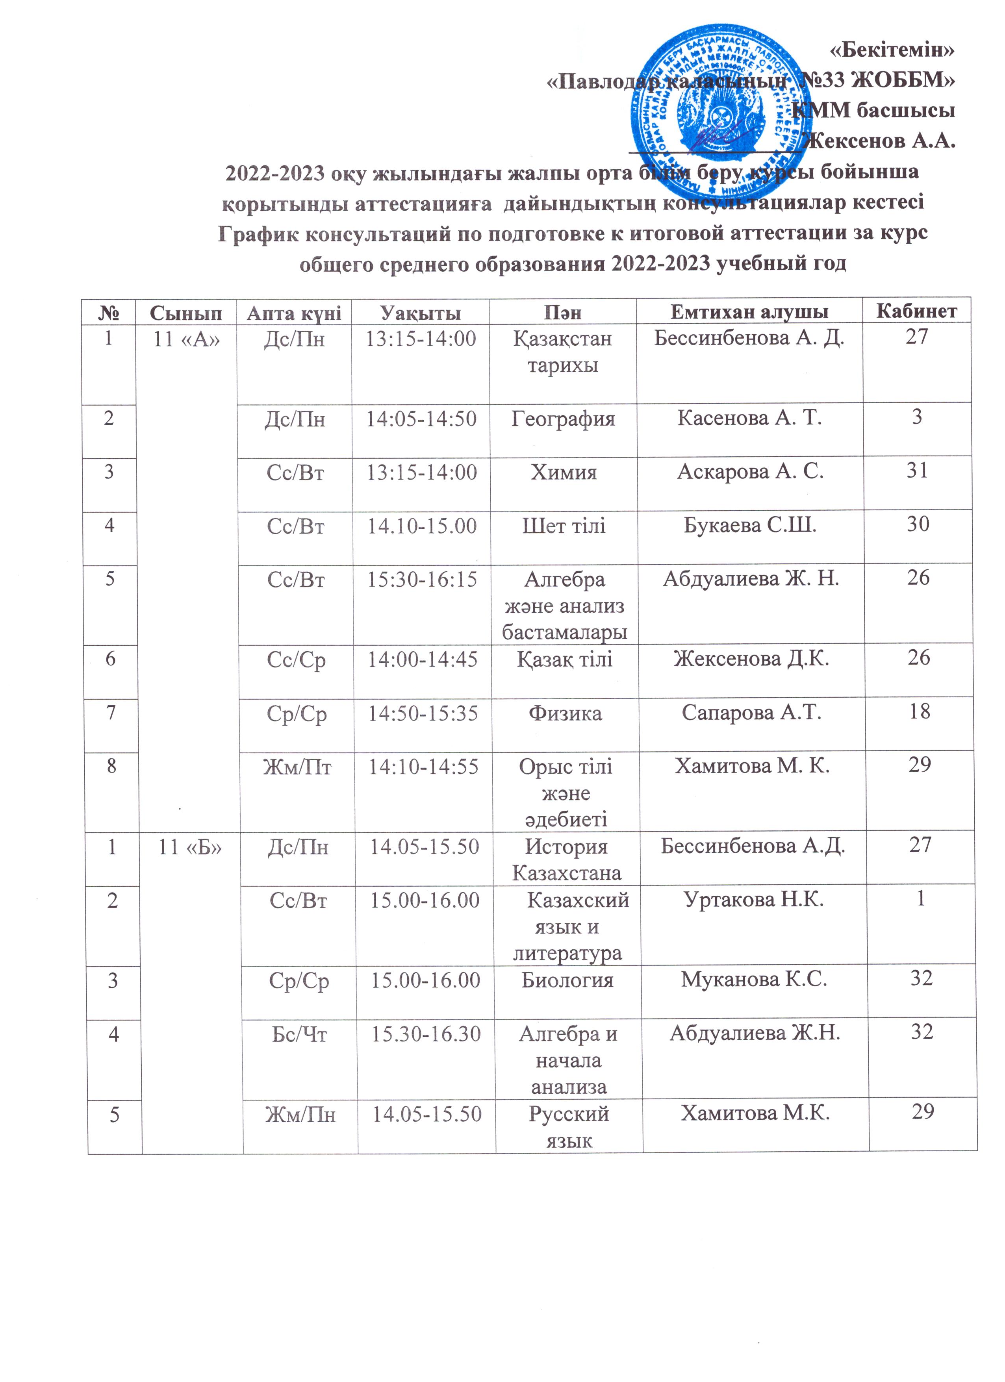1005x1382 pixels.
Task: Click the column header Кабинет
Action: [x=916, y=311]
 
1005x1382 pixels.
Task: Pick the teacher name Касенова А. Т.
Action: [x=750, y=418]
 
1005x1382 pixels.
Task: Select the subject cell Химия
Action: [x=563, y=472]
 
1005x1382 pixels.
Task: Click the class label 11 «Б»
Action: [x=189, y=847]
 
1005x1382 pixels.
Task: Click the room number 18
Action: [x=918, y=711]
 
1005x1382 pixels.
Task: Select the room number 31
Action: [x=917, y=471]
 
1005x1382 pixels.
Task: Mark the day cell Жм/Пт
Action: [x=297, y=767]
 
